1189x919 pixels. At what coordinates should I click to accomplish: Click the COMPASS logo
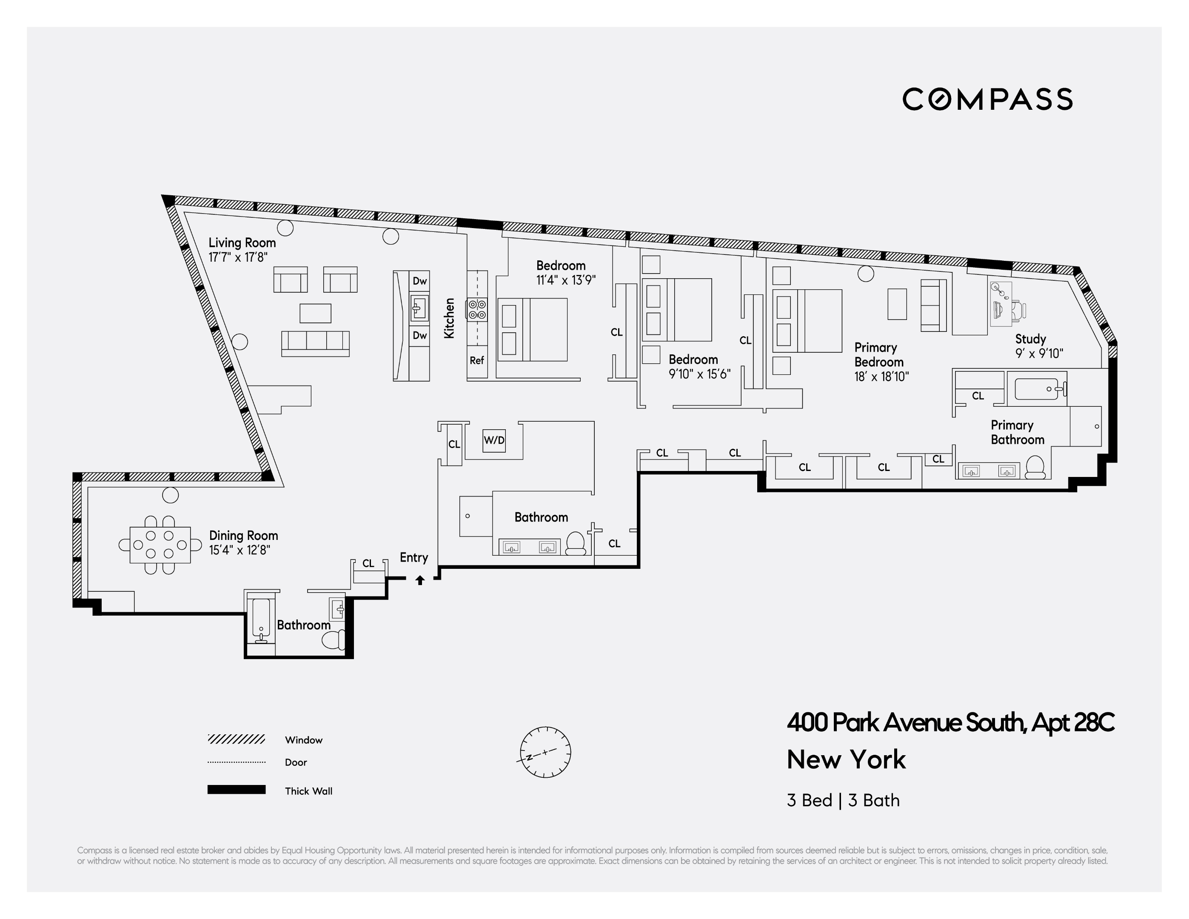[x=987, y=99]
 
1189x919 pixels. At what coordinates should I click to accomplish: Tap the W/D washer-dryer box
[x=494, y=440]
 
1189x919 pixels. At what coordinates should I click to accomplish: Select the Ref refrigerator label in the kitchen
[x=477, y=360]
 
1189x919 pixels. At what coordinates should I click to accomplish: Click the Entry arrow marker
[x=420, y=580]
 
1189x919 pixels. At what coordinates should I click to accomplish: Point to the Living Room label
[x=242, y=243]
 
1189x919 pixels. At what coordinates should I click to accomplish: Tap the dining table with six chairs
[x=160, y=545]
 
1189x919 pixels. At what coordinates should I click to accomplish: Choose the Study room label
[x=1030, y=339]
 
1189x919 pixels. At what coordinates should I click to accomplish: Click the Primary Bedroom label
[x=879, y=354]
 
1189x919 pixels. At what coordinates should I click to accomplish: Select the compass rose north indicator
[x=545, y=752]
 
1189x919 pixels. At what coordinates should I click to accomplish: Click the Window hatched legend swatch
[x=236, y=739]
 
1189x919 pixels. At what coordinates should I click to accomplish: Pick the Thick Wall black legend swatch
[x=236, y=790]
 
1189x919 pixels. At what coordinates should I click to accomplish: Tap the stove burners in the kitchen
[x=477, y=309]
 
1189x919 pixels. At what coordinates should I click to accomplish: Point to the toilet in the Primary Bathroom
[x=1035, y=467]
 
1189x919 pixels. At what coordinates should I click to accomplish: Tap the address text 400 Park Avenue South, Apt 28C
[x=950, y=722]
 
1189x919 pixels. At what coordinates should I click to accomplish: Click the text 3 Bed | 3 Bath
[x=843, y=800]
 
